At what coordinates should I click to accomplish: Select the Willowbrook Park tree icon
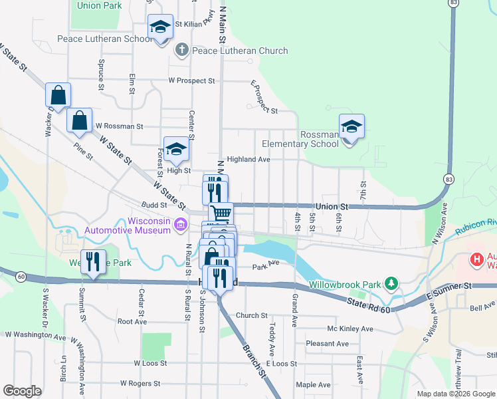click(392, 284)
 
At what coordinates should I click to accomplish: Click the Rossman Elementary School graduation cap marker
click(351, 126)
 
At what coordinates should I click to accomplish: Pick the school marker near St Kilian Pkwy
click(159, 27)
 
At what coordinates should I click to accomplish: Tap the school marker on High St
click(176, 149)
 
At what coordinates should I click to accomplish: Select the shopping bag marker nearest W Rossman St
click(80, 120)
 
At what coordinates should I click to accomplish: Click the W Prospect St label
click(192, 80)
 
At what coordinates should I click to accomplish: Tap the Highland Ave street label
click(248, 160)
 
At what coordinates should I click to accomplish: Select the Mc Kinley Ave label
click(350, 329)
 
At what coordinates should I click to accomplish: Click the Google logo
click(22, 391)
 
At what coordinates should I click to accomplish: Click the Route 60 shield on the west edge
click(22, 277)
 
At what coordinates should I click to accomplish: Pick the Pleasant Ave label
click(327, 344)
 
